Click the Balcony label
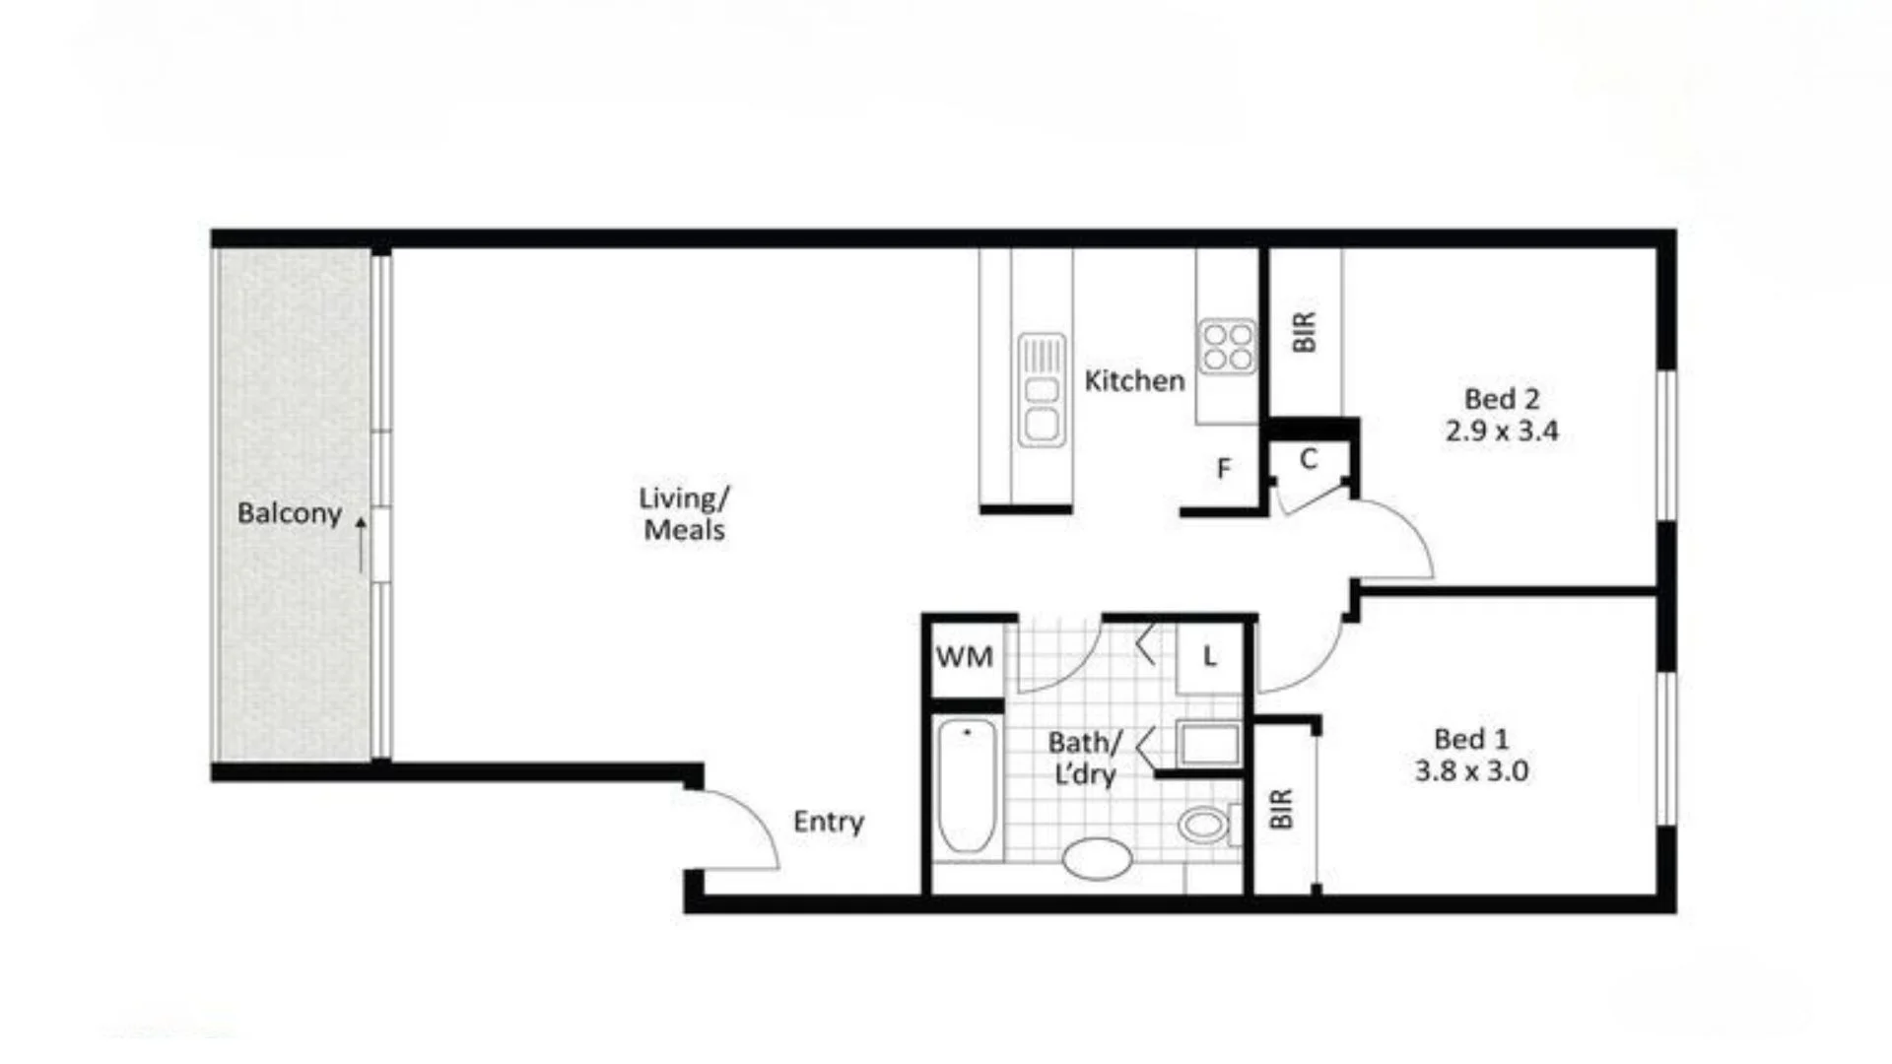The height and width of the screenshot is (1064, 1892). [289, 513]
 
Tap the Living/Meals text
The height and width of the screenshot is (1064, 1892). [684, 513]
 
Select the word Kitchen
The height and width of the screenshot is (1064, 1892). [1134, 380]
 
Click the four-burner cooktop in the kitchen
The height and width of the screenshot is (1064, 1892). [1227, 347]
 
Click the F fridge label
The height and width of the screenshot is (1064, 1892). [1223, 469]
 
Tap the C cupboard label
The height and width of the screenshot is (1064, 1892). [1309, 459]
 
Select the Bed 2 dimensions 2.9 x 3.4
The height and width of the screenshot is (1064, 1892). [1502, 431]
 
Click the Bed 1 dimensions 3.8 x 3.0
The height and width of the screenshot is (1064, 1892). [1471, 770]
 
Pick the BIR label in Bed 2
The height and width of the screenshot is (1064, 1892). [1304, 332]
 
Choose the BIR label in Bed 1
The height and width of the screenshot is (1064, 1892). [1280, 809]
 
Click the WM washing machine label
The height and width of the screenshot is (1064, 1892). [964, 657]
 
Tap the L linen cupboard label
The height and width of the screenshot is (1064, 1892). [1209, 656]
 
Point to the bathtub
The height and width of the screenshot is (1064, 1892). [966, 786]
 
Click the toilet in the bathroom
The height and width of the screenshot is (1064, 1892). [1204, 824]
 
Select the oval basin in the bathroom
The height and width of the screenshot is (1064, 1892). [1097, 858]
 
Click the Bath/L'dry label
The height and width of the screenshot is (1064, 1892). [1084, 758]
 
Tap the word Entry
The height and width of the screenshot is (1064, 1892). [828, 822]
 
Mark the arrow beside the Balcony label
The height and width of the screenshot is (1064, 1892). [361, 544]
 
